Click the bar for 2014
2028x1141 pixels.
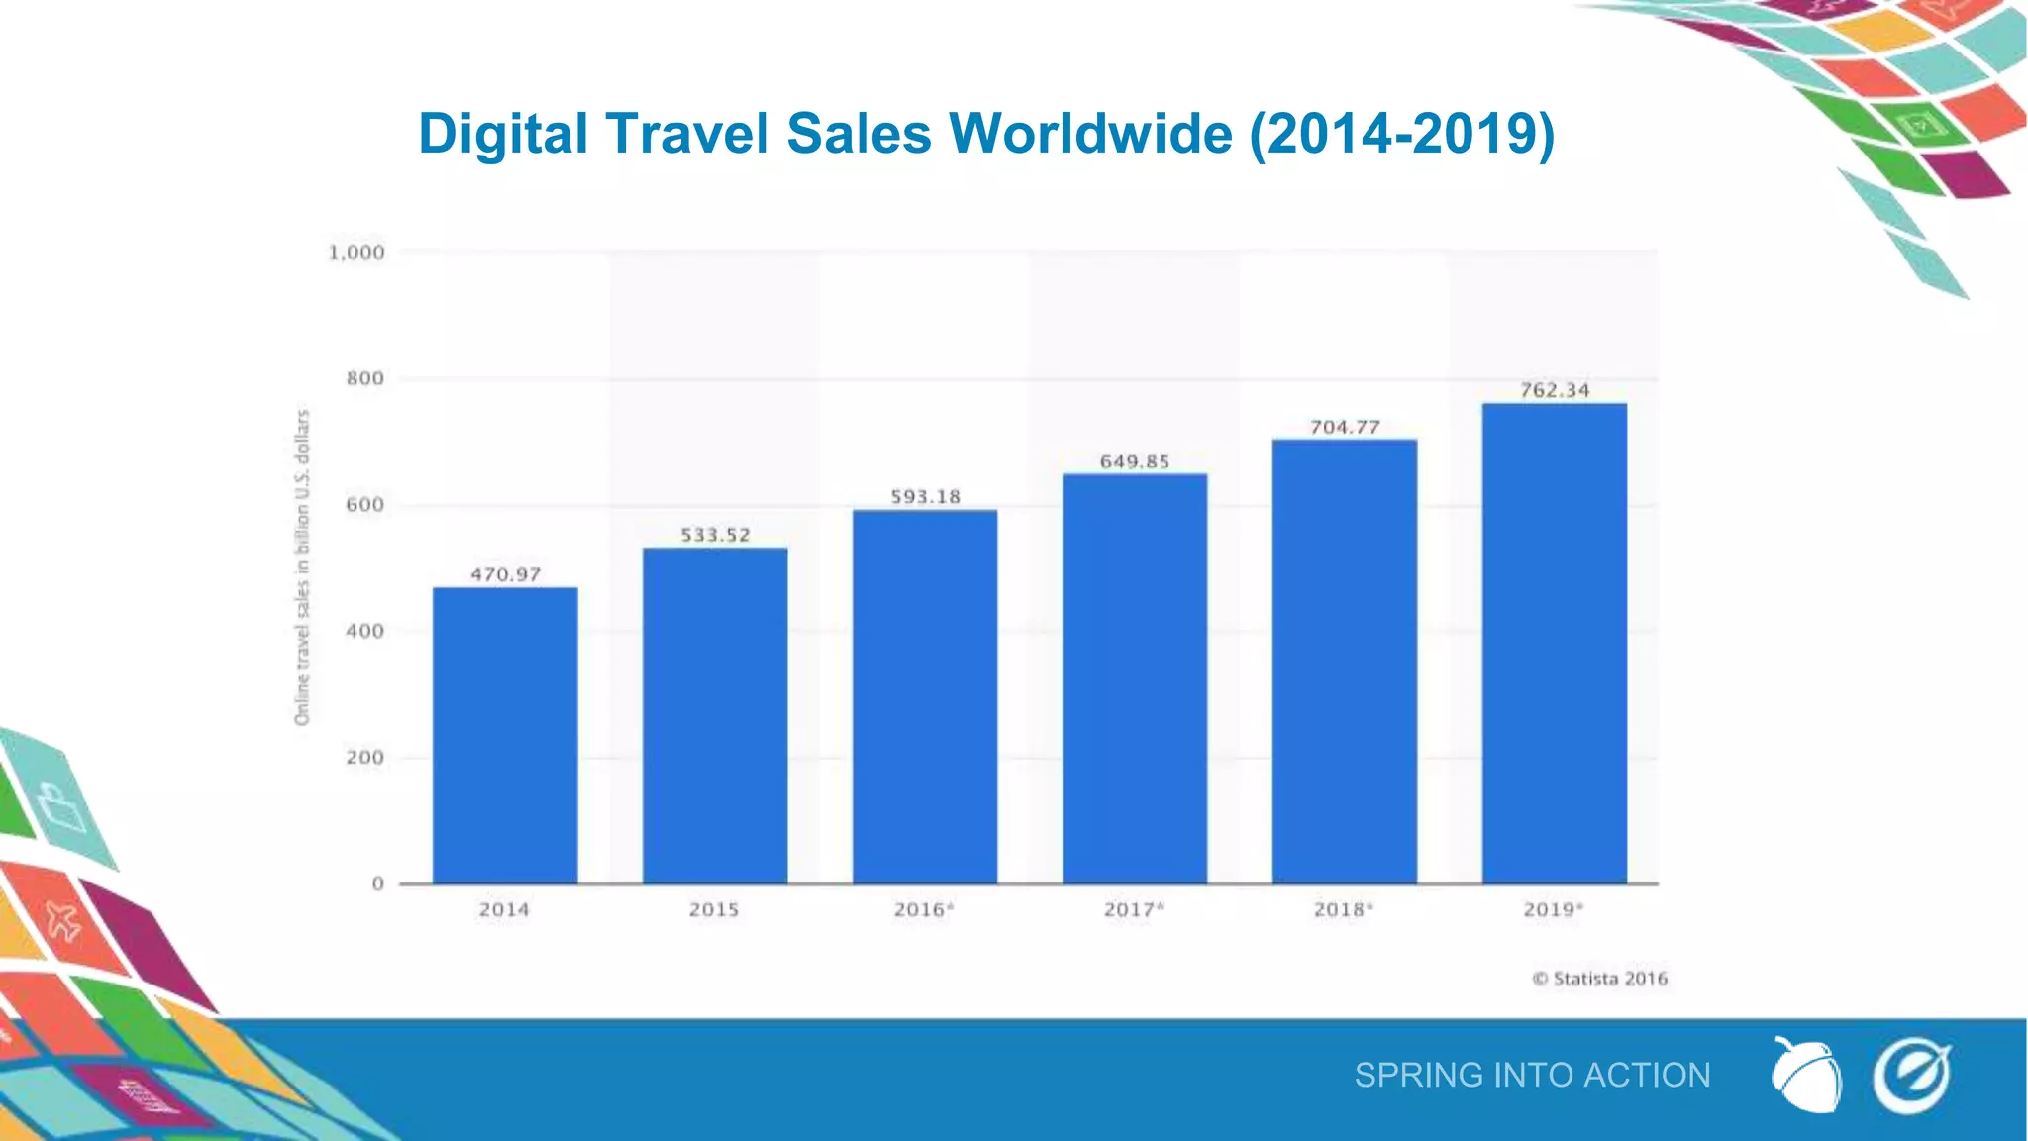[x=505, y=735]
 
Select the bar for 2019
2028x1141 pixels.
[x=1554, y=644]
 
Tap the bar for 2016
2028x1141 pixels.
[x=924, y=696]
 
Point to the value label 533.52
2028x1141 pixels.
[x=715, y=535]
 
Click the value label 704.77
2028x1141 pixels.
[x=1345, y=427]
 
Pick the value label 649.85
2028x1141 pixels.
[x=1135, y=462]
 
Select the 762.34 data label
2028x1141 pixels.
[x=1555, y=390]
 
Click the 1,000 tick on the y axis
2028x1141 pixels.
[x=356, y=253]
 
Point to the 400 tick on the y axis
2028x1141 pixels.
[x=364, y=631]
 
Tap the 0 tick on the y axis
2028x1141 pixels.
[x=377, y=883]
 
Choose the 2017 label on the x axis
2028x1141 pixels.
[x=1133, y=909]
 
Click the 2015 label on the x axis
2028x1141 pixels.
[x=714, y=909]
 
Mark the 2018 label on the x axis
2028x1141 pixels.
[x=1343, y=909]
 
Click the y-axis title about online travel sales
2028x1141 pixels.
[x=302, y=567]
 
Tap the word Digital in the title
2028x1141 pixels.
[x=503, y=133]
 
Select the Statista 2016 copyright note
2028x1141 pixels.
[x=1600, y=979]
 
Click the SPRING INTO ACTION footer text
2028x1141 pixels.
[x=1532, y=1075]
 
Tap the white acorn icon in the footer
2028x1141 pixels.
[x=1805, y=1076]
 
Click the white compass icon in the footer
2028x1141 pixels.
[x=1911, y=1076]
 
